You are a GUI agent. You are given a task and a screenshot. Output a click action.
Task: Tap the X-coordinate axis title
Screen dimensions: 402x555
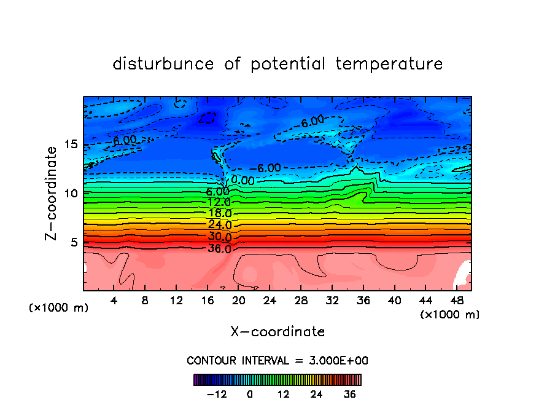[x=277, y=332]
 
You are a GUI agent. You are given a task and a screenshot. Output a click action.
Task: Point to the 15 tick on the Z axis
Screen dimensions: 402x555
[x=71, y=144]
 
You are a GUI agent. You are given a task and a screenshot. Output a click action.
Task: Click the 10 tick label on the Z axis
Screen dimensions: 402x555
[x=71, y=193]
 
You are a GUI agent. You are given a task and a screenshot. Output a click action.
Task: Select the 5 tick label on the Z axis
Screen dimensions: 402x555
[x=75, y=242]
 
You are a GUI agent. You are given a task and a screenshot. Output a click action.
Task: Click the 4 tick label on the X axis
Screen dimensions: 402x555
[x=114, y=301]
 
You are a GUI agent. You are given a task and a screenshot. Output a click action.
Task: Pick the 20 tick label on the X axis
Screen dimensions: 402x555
[x=238, y=301]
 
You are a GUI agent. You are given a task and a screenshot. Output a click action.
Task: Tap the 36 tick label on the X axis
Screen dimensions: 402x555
[x=363, y=301]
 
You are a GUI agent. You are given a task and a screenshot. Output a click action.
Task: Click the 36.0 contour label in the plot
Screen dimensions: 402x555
[x=219, y=249]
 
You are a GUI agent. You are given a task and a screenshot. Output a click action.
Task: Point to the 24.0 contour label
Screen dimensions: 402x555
[x=219, y=225]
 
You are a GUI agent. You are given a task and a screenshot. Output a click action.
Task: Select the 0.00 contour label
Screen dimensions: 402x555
[x=243, y=180]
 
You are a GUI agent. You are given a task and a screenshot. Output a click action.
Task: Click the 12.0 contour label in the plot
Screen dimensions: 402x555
[x=219, y=202]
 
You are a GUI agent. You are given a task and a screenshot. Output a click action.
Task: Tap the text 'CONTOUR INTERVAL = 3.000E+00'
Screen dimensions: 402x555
[x=277, y=360]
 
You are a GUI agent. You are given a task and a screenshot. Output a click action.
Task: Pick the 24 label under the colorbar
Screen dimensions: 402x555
[x=317, y=394]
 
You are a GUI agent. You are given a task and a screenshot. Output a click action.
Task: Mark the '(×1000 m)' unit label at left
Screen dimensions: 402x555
[x=59, y=308]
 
